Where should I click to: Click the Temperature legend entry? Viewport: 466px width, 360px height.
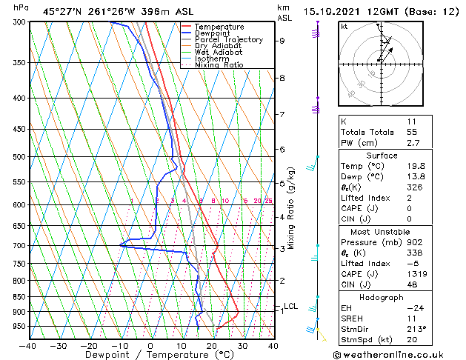pos(220,27)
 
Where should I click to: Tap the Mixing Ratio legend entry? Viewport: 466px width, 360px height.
pos(219,65)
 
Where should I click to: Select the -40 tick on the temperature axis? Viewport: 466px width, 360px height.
pos(28,345)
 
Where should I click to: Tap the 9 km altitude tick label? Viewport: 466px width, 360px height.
pos(282,41)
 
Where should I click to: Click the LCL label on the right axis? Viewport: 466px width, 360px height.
pos(290,306)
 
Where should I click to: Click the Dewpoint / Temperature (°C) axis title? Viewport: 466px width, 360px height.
pos(150,356)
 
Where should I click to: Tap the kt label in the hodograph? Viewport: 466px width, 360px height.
pos(344,26)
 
